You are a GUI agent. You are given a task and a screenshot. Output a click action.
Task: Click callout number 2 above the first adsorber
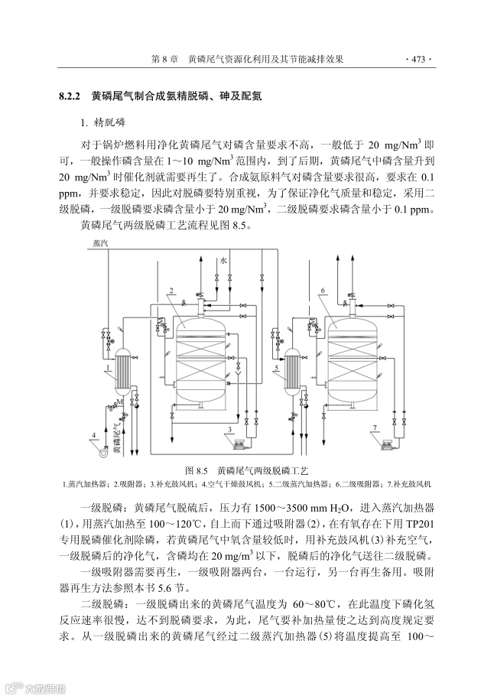point(174,291)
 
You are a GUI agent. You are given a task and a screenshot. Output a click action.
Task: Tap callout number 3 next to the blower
point(229,430)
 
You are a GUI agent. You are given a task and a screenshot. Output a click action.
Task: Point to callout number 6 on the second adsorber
point(324,291)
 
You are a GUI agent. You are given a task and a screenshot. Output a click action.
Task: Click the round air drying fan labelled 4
point(101,450)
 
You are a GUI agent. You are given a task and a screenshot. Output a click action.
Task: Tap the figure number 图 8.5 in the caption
point(197,470)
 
